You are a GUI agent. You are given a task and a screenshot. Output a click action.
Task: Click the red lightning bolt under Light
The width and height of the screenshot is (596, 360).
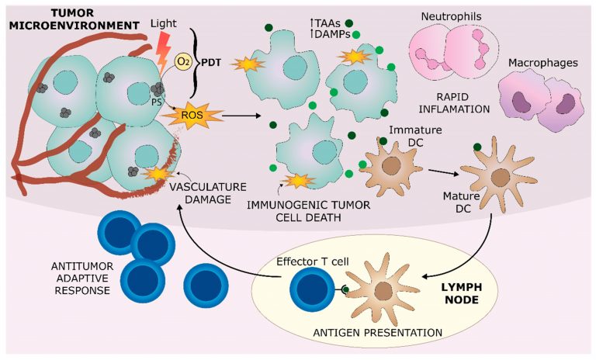click(x=165, y=48)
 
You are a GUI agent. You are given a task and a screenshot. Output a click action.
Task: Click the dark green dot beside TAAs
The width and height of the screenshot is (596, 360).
click(x=350, y=23)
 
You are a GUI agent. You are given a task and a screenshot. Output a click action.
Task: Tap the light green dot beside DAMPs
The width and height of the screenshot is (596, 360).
click(x=356, y=35)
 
